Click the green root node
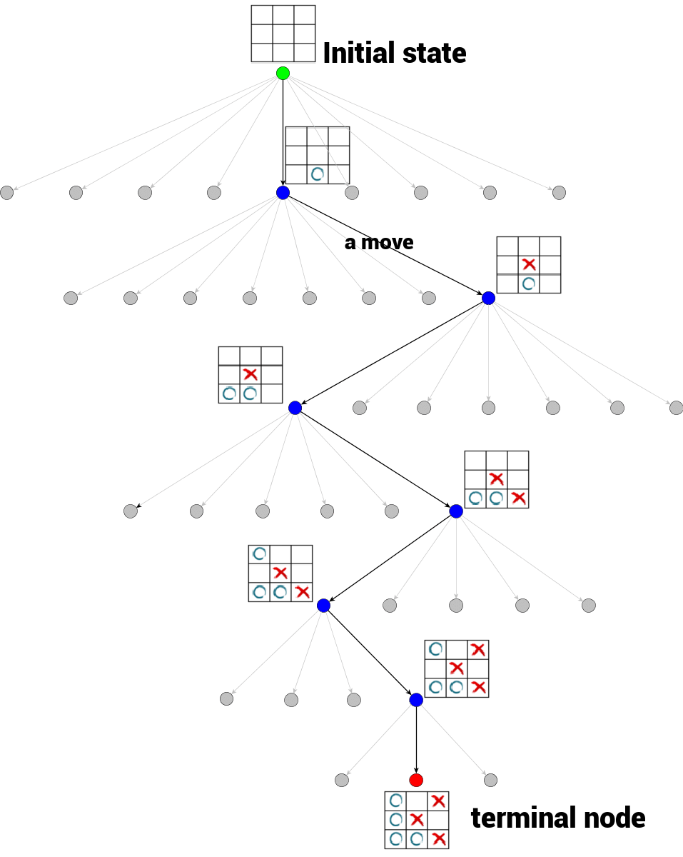[x=283, y=73]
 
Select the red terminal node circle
[x=416, y=779]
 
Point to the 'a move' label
[x=378, y=243]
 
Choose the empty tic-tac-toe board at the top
[x=283, y=34]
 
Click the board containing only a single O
[x=318, y=156]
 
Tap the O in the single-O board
[x=318, y=174]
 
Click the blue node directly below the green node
[x=283, y=193]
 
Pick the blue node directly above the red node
[x=416, y=700]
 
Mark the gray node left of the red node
[x=342, y=780]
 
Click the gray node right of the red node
[x=490, y=780]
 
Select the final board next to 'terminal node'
[x=417, y=820]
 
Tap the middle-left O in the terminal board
[x=396, y=819]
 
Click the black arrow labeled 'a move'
[x=385, y=246]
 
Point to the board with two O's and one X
[x=250, y=375]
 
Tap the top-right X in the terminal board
[x=438, y=801]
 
